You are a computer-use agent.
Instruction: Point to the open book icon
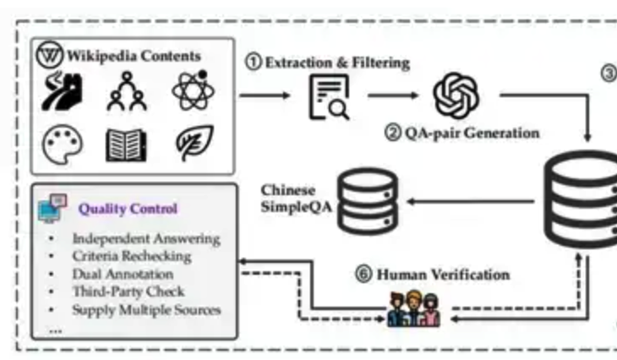tap(125, 145)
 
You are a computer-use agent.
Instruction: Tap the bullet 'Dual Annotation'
tap(123, 274)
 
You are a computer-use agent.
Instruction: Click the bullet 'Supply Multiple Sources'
tap(146, 309)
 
